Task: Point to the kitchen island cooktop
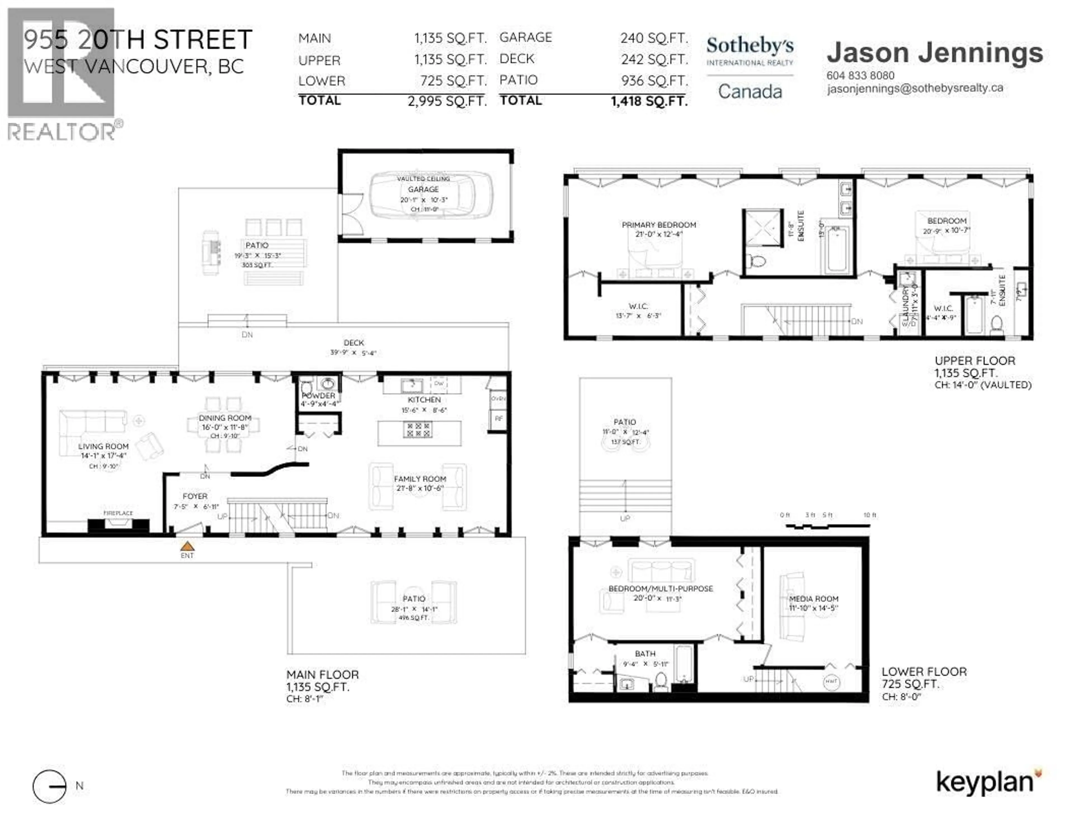(x=418, y=430)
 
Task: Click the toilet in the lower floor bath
(x=661, y=681)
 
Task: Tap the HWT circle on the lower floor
(x=831, y=681)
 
